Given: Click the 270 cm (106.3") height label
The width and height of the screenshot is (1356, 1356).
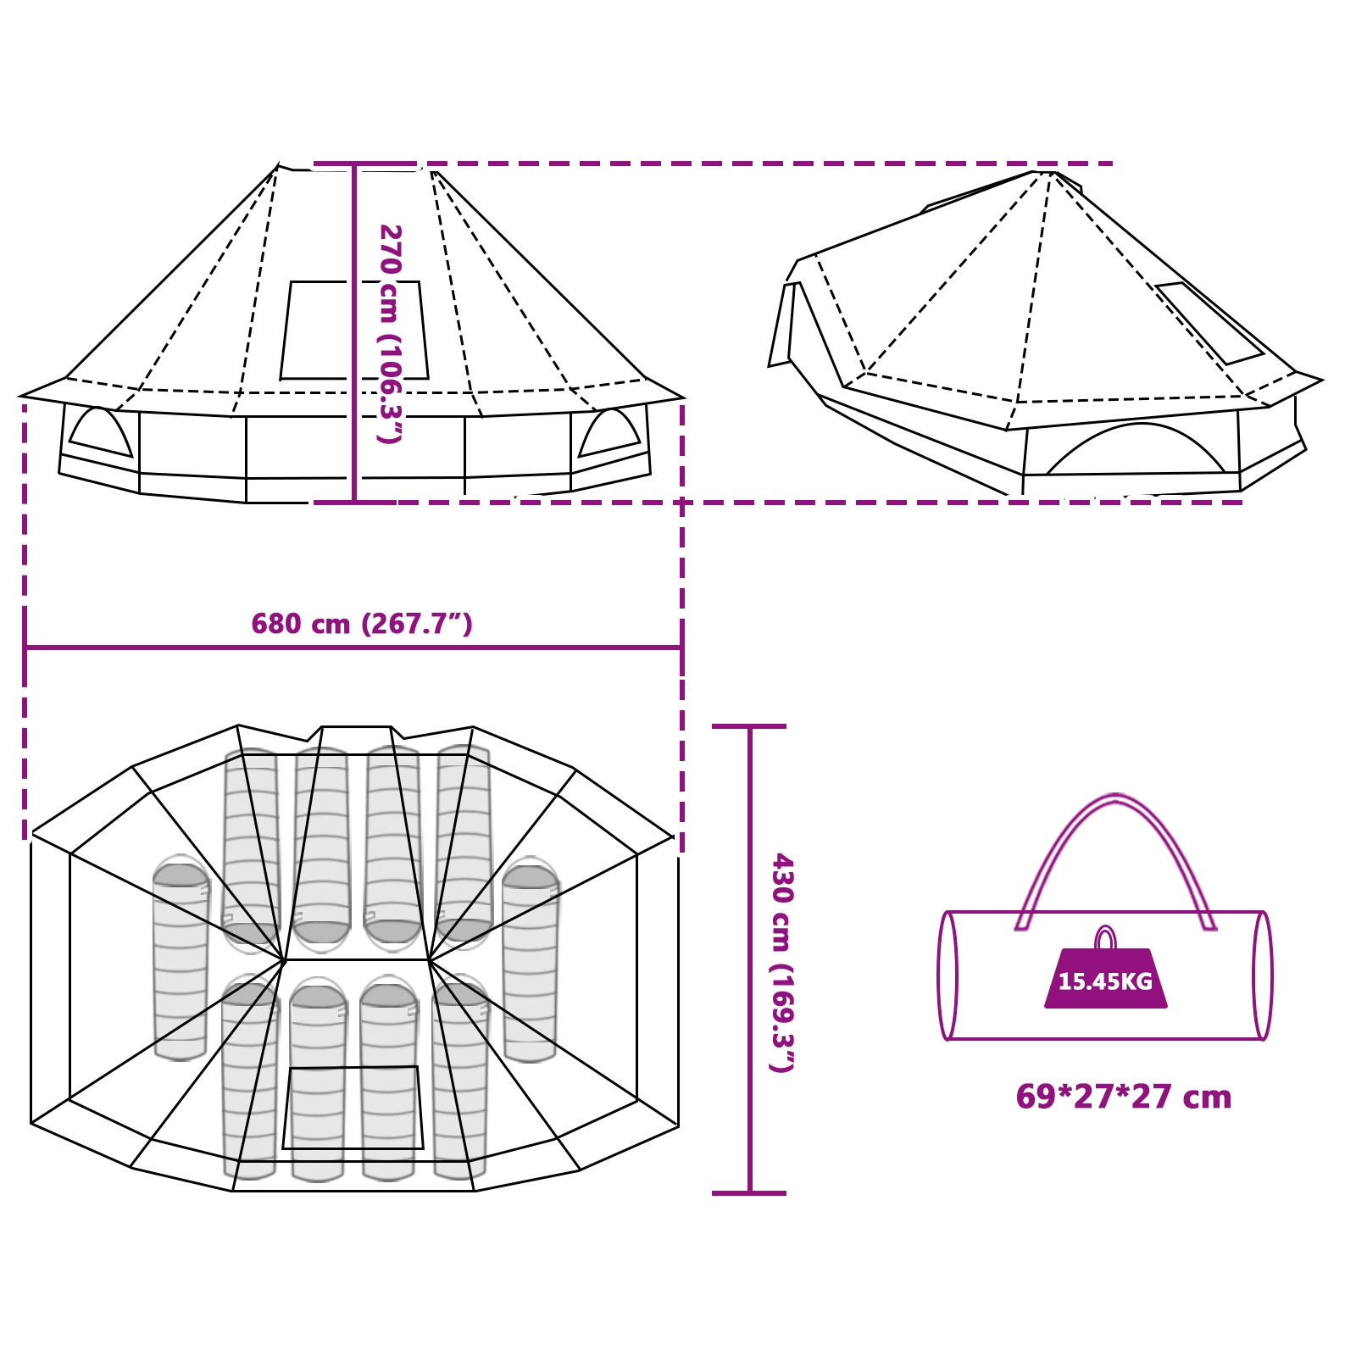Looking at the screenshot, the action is pyautogui.click(x=390, y=334).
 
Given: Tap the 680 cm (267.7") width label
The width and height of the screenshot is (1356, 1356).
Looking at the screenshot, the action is pyautogui.click(x=362, y=624).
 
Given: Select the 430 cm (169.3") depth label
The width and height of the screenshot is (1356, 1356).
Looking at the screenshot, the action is pyautogui.click(x=781, y=963).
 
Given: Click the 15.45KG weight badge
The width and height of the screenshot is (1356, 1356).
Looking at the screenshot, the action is pyautogui.click(x=1105, y=979).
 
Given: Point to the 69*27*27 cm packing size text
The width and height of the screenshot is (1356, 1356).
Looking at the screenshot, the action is pyautogui.click(x=1123, y=1097).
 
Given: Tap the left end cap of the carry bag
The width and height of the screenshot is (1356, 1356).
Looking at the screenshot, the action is pyautogui.click(x=948, y=975).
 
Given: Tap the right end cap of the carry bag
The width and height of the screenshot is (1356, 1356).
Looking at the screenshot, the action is pyautogui.click(x=1263, y=975).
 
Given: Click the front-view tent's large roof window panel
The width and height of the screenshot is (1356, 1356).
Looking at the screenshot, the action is pyautogui.click(x=354, y=331).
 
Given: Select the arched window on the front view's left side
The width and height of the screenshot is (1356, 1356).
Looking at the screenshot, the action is pyautogui.click(x=100, y=432).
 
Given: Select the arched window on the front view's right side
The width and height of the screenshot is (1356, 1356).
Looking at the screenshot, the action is pyautogui.click(x=609, y=432).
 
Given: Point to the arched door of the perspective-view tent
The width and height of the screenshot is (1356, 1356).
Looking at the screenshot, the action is pyautogui.click(x=1136, y=448).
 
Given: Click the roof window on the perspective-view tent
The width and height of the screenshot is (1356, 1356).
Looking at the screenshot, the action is pyautogui.click(x=1210, y=323).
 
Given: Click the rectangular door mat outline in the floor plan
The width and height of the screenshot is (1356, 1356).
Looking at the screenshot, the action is pyautogui.click(x=353, y=1108).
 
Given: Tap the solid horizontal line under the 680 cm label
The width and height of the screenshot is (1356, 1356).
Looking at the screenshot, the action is pyautogui.click(x=353, y=647).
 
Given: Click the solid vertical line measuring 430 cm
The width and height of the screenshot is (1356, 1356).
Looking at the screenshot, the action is pyautogui.click(x=750, y=959).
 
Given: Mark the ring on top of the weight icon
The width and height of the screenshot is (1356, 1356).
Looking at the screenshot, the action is pyautogui.click(x=1105, y=938).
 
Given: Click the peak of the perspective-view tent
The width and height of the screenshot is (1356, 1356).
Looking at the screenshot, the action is pyautogui.click(x=1044, y=172).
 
